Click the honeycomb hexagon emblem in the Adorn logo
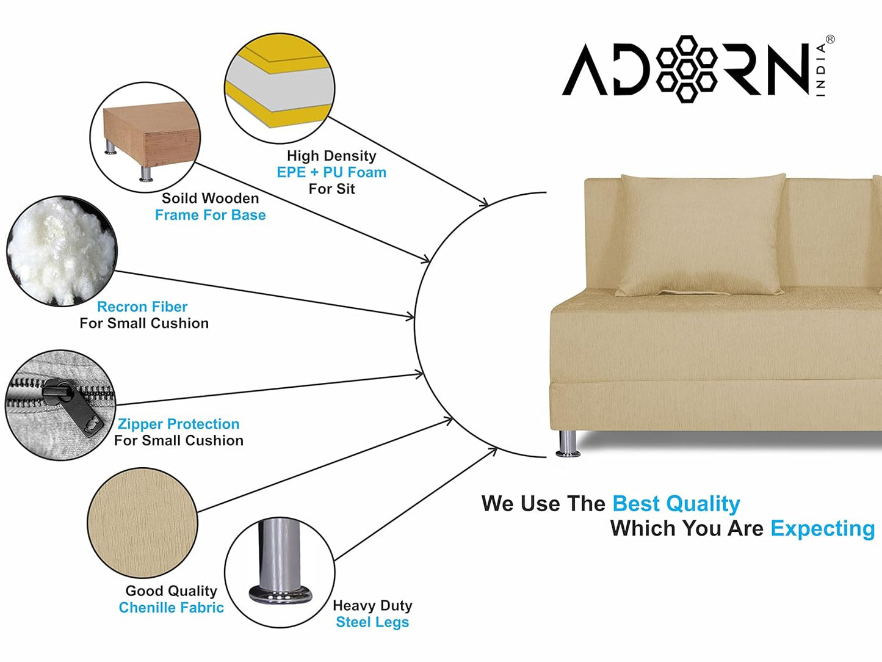coord(686,69)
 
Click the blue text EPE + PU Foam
coord(331,172)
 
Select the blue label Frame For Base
coord(210,215)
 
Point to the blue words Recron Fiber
coord(142,307)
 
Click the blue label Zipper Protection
coord(178,424)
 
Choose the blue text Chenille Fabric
coord(171,607)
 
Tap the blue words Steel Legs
coord(372,622)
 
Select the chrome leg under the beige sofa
coord(568,443)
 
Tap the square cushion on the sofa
coord(701,235)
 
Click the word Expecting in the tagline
coord(823,529)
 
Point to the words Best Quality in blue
coord(676,504)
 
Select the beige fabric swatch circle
coord(143,523)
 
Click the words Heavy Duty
coord(372,605)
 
